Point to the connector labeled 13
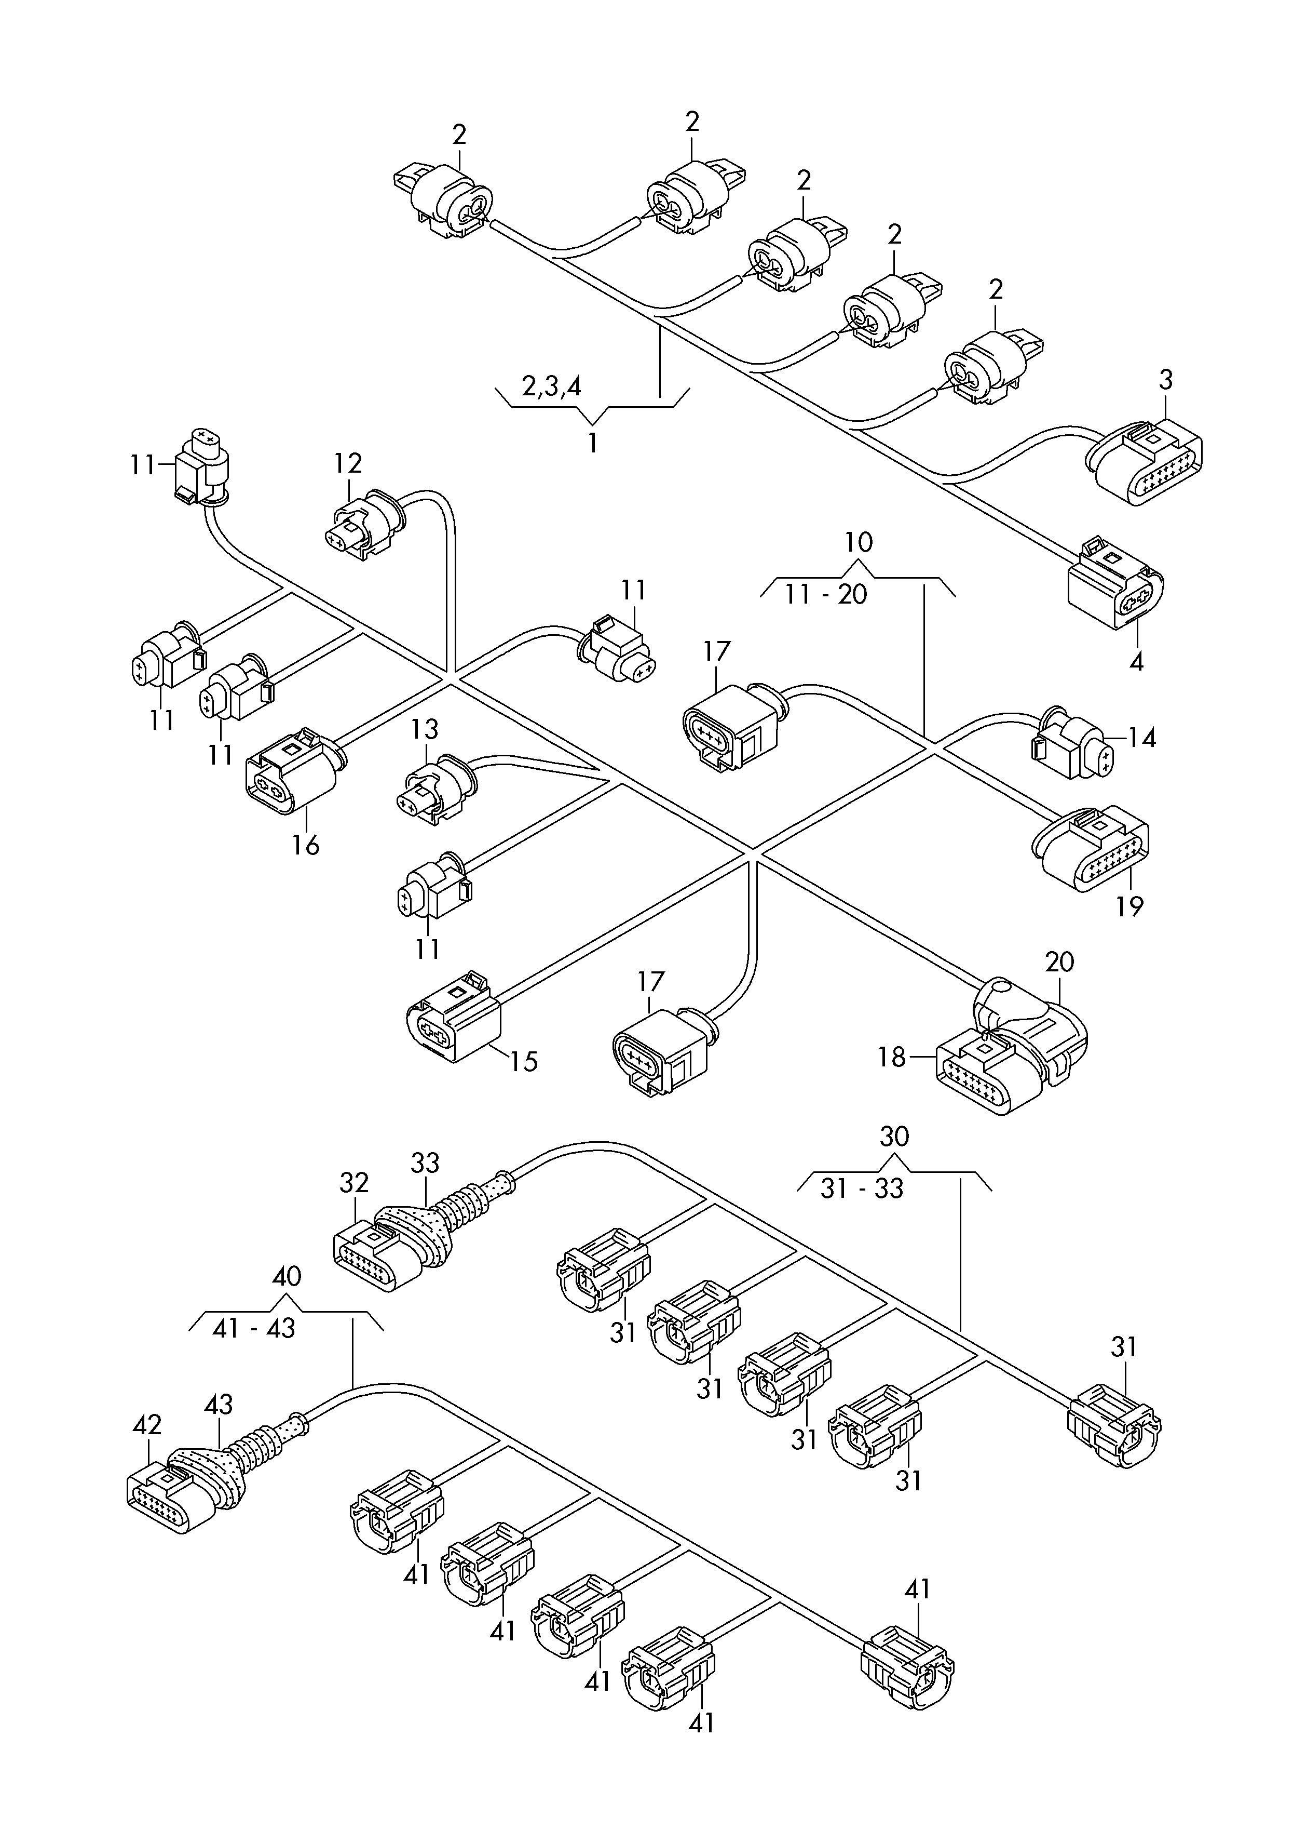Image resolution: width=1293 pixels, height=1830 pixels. (x=434, y=789)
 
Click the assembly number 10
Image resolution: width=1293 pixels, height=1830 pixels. (x=859, y=543)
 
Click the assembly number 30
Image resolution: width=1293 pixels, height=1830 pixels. (x=895, y=1137)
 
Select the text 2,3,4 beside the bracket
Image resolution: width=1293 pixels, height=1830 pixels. (x=551, y=386)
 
